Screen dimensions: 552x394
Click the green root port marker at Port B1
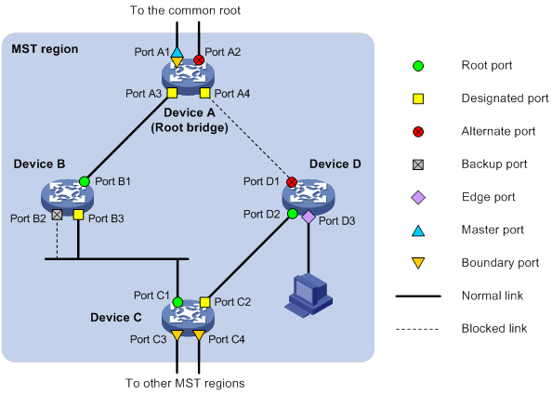pos(85,181)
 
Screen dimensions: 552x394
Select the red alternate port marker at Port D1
pos(292,182)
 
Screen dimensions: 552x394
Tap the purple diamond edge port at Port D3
pos(309,217)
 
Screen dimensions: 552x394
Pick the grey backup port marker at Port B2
pos(57,215)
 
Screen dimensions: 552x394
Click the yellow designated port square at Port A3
pos(172,93)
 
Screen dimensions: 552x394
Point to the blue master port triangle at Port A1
pos(177,52)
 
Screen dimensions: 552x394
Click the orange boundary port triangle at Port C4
pos(199,335)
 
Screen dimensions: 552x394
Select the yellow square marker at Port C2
pos(204,302)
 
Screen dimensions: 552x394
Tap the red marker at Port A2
pos(199,59)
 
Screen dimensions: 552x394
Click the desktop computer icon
pos(309,295)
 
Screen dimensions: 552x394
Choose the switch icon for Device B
pos(67,195)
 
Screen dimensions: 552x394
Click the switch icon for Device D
pos(309,196)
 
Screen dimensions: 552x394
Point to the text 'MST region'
pos(45,49)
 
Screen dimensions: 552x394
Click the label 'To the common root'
pos(185,10)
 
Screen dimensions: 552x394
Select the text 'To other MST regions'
pos(185,383)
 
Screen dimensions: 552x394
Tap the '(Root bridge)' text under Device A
pos(190,127)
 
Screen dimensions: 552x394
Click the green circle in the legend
pos(418,66)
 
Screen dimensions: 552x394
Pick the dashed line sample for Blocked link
pos(417,330)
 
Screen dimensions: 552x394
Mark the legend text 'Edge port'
pos(488,197)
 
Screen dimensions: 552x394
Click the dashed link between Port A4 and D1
pos(251,138)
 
